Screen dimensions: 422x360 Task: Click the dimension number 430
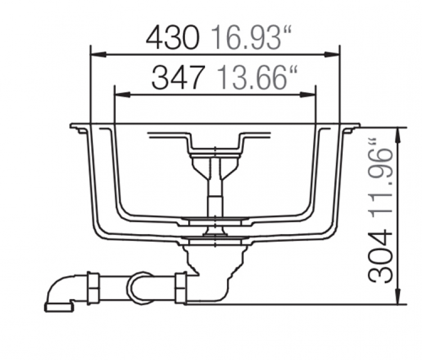click(x=173, y=38)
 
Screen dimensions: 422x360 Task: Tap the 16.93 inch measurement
click(x=251, y=38)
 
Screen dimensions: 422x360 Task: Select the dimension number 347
click(x=177, y=78)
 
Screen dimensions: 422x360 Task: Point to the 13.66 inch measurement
click(x=257, y=78)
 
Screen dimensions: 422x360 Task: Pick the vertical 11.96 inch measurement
click(x=380, y=183)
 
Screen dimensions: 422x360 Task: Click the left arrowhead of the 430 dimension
click(x=98, y=55)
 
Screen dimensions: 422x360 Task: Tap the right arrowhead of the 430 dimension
click(x=332, y=55)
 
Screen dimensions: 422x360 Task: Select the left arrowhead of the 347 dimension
click(x=122, y=94)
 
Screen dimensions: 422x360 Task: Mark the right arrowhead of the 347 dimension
click(x=308, y=94)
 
